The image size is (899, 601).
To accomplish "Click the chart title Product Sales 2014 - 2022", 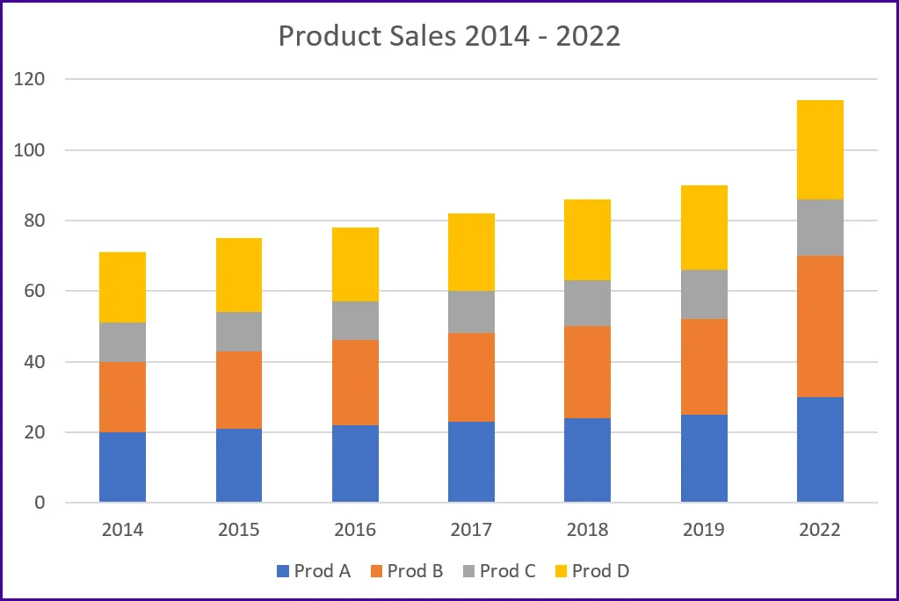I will [449, 36].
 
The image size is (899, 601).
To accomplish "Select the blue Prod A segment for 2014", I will [122, 467].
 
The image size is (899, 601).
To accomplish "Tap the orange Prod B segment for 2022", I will [820, 326].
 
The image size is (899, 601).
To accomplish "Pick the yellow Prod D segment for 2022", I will [820, 149].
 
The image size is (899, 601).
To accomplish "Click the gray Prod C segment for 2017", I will [471, 312].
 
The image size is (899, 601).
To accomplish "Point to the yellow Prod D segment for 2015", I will [239, 275].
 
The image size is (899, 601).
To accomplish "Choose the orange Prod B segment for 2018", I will [587, 372].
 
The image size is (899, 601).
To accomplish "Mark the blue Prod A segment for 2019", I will [704, 459].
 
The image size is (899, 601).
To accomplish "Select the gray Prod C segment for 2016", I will [355, 321].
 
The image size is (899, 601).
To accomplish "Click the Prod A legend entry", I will [314, 571].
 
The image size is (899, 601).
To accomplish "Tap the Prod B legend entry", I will [406, 571].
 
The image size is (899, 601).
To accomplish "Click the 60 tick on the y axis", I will [34, 291].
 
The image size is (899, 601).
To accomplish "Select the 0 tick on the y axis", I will [40, 503].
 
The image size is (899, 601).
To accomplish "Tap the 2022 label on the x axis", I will [820, 530].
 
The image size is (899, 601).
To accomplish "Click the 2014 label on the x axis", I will [122, 530].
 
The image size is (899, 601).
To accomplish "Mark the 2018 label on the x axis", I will [587, 530].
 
